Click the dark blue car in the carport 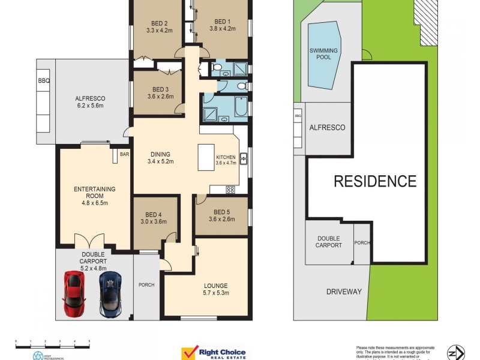110,294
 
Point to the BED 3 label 161,92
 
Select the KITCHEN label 226,157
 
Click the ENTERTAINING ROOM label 94,193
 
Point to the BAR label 124,154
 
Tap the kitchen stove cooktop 230,190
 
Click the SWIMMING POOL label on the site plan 323,54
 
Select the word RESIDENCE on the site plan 375,181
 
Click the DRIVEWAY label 344,292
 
